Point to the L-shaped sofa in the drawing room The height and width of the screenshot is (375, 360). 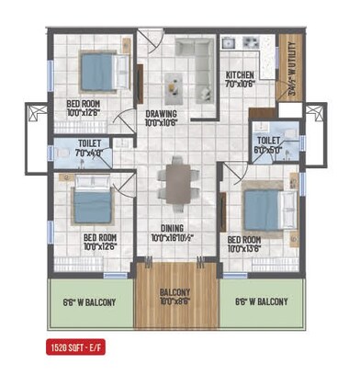[194, 53]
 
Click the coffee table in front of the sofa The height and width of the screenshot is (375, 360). [174, 86]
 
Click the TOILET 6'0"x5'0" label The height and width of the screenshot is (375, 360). [269, 145]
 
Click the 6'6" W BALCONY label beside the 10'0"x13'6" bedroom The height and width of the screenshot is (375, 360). [261, 301]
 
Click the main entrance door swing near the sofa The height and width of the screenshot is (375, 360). [149, 42]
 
